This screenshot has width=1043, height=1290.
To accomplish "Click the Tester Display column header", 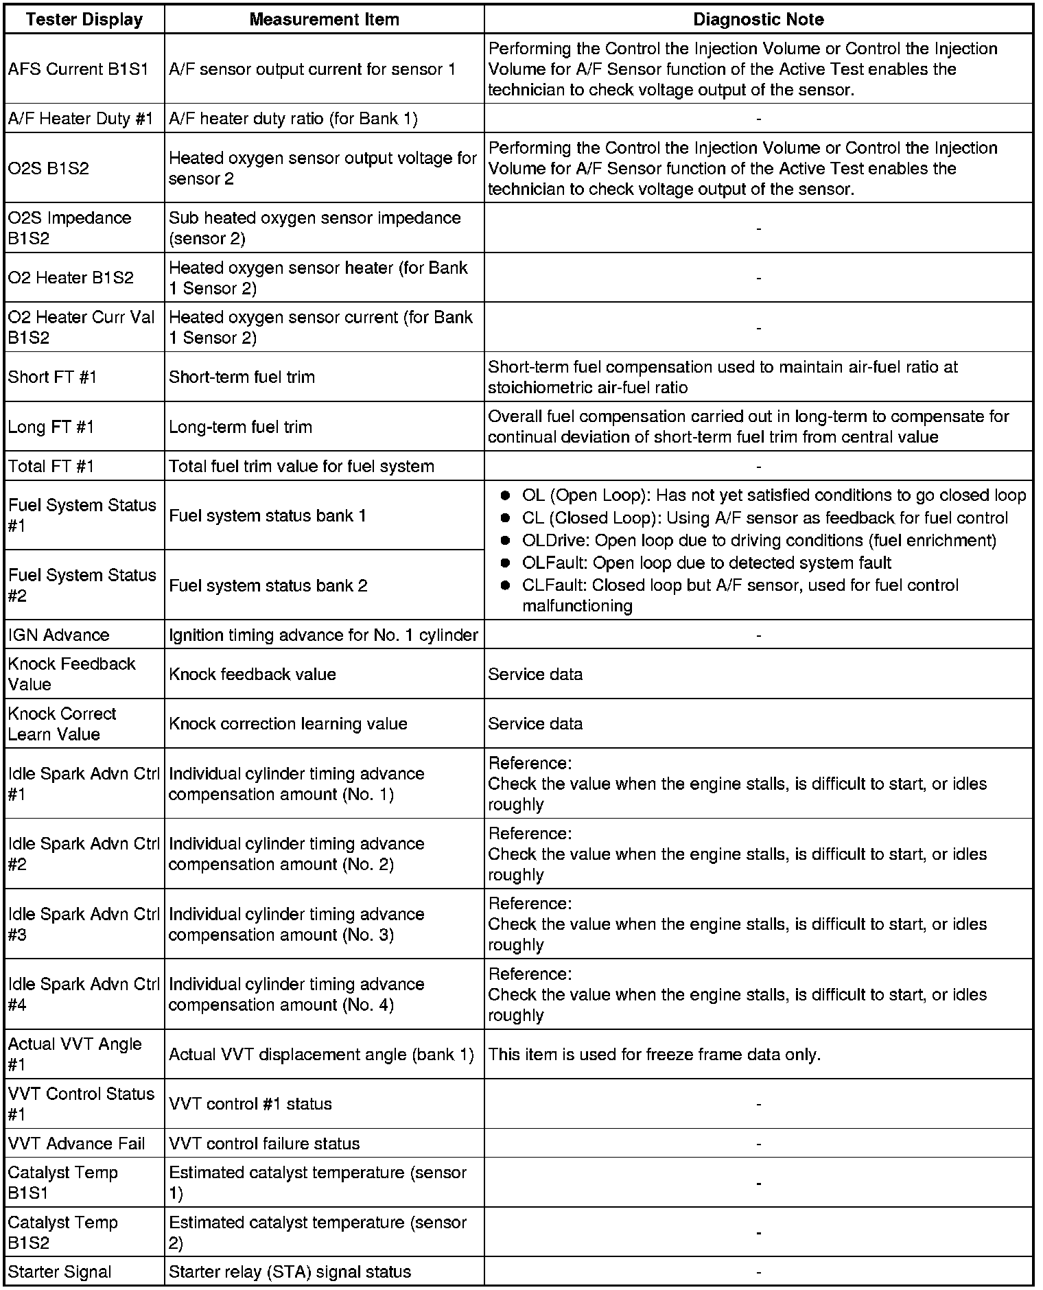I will coord(84,19).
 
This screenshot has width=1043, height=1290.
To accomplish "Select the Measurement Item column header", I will coord(324,19).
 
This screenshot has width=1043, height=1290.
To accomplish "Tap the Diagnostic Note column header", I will coord(758,19).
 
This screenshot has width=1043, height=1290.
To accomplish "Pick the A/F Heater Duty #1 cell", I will coord(81,119).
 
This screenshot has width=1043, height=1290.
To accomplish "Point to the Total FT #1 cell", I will coord(51,467).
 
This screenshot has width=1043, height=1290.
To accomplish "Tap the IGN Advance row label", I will coord(59,635).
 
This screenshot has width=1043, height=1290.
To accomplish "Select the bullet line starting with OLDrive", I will coord(758,541).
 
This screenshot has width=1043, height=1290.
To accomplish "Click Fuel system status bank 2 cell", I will coord(268,585).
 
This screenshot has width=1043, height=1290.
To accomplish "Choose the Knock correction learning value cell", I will coord(288,724).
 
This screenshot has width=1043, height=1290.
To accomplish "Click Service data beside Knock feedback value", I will coord(535,675).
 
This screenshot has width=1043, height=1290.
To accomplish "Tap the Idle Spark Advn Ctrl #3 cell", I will coord(83,924).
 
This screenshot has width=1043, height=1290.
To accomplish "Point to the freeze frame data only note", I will coord(654,1055).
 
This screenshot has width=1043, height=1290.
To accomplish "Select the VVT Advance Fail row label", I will coord(77,1144).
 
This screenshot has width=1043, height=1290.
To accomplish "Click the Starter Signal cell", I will coord(60,1271).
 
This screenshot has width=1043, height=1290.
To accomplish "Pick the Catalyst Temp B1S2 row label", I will coord(63,1232).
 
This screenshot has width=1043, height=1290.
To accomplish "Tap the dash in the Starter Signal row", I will coord(758,1271).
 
